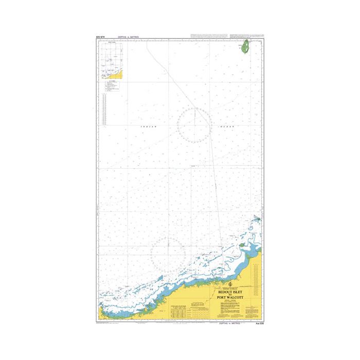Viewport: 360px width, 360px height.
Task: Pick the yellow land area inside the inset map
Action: coord(120,76)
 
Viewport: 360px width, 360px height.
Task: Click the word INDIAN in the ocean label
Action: coord(147,125)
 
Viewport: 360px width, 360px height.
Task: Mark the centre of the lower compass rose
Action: coord(168,252)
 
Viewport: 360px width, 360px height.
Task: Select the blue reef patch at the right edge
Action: coord(256,220)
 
